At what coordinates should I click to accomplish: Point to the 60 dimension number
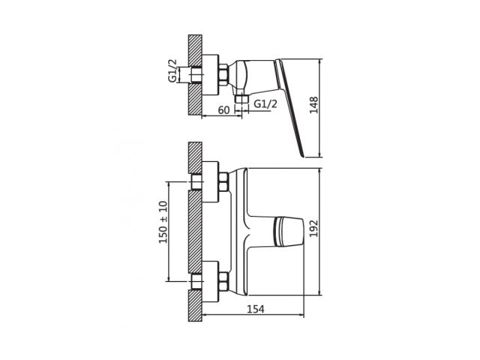(223, 110)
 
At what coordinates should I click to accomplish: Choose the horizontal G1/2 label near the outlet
(265, 103)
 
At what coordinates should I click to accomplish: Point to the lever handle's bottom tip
(303, 156)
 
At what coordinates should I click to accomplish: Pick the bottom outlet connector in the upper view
(241, 98)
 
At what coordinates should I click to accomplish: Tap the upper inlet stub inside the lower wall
(196, 182)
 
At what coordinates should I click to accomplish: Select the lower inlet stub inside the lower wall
(196, 282)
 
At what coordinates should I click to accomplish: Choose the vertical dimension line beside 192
(320, 229)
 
